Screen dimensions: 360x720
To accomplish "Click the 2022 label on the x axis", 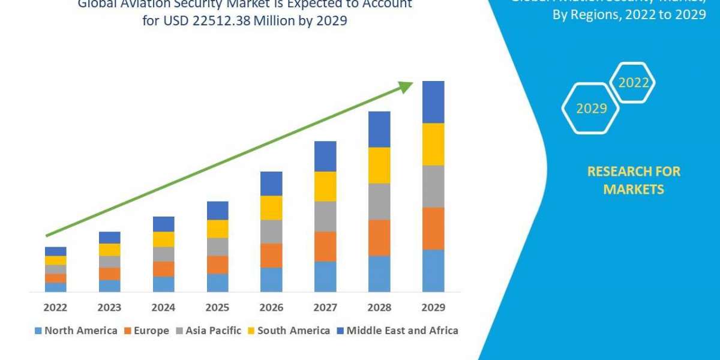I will (x=55, y=307).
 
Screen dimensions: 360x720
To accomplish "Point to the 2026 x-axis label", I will (x=271, y=307).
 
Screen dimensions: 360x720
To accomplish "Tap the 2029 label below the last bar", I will (x=433, y=307).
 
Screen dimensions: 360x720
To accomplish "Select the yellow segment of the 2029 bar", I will (x=433, y=144).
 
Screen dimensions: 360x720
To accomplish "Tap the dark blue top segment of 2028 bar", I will (x=379, y=129).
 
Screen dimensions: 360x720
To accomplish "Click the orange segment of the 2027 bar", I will (x=325, y=246).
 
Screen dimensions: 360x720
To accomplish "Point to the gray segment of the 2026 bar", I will (x=271, y=231).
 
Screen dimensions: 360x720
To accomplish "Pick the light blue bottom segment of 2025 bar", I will (x=217, y=283).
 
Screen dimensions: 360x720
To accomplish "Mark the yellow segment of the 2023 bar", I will (x=109, y=250).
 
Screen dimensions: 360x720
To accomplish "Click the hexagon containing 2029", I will (x=590, y=109).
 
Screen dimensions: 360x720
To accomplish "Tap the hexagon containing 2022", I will (x=633, y=83).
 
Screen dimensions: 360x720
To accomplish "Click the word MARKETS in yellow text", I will (x=634, y=190).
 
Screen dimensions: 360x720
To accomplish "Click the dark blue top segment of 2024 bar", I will (x=163, y=224).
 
